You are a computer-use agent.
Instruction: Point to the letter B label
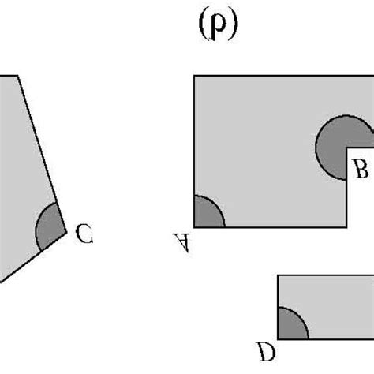(360, 168)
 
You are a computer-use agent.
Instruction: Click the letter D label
(267, 348)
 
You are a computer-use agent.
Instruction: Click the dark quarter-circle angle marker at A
(207, 213)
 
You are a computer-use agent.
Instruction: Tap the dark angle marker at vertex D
(291, 324)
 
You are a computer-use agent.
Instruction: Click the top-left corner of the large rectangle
(194, 76)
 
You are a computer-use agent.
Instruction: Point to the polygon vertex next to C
(65, 234)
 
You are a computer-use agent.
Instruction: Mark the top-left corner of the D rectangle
(278, 275)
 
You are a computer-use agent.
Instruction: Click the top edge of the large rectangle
(276, 76)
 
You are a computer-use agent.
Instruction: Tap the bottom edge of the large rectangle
(268, 227)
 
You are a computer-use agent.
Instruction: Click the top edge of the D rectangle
(324, 275)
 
